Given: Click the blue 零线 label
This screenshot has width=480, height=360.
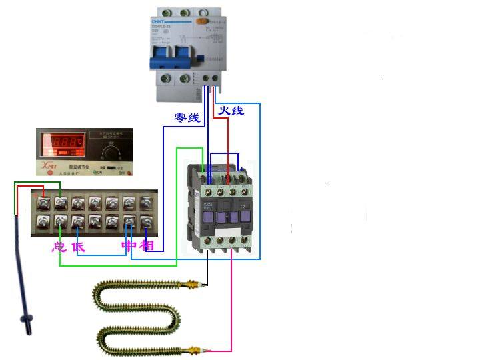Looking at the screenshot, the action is coord(187,118).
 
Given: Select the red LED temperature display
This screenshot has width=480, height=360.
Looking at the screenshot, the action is coord(65,143).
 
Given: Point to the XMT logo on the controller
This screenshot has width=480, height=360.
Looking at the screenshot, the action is coord(48,164).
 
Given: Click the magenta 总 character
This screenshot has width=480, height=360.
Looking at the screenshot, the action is coord(59,247).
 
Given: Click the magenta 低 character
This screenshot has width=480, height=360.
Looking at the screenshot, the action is coord(79,247).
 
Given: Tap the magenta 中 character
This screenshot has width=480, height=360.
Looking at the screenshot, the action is coord(129,247).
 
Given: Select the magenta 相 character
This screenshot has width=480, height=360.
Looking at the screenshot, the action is coord(147,247).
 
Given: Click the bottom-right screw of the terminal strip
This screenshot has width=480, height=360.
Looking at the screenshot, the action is coord(146,221).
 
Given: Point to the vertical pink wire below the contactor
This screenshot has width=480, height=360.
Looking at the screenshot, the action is coord(231,300).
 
